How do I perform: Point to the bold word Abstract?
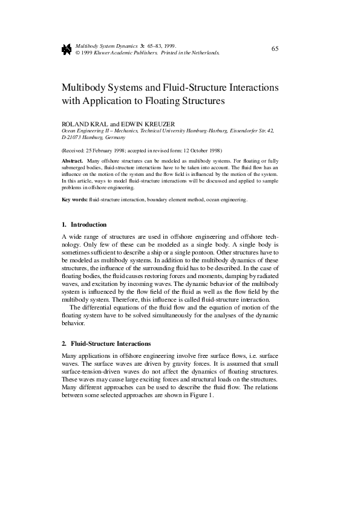coord(73,160)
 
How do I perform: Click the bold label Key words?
coord(74,199)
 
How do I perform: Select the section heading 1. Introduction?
coord(84,224)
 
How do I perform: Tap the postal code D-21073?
coord(73,137)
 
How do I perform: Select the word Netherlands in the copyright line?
coord(203,53)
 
